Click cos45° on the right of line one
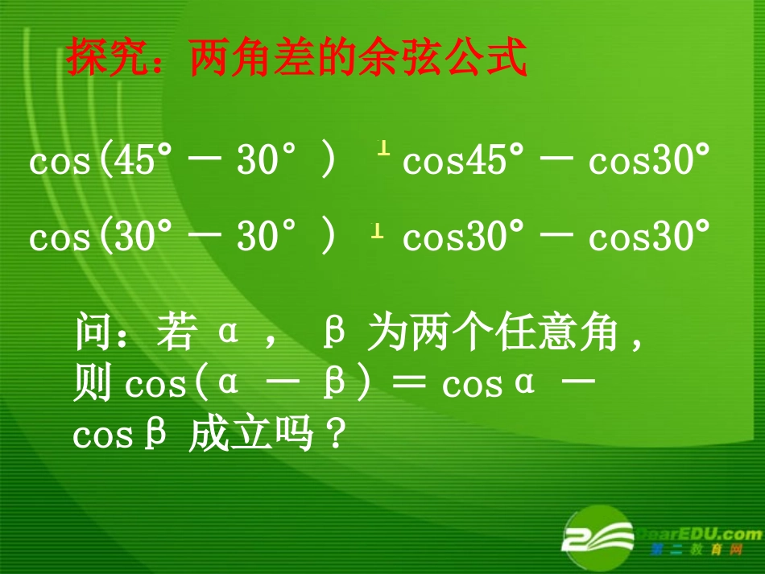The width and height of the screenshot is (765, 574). tap(456, 161)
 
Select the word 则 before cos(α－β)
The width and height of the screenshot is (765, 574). tap(93, 385)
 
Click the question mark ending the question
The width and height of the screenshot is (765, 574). tap(337, 436)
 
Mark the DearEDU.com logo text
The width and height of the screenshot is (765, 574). tap(699, 533)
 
